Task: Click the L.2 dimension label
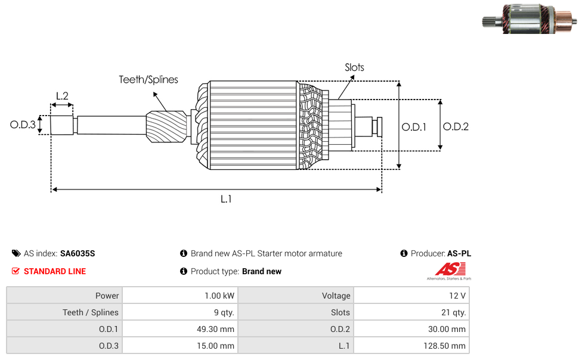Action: (62, 96)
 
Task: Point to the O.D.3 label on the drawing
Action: (23, 125)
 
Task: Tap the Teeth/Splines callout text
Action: (148, 79)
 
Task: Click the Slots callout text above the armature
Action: (354, 67)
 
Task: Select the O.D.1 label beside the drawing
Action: (414, 127)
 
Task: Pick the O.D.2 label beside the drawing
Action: (456, 126)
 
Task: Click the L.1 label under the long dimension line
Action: (226, 199)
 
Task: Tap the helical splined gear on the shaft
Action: (166, 126)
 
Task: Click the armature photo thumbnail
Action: (530, 19)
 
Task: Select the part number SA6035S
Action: (78, 253)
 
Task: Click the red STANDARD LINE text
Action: (55, 271)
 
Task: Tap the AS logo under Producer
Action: (450, 271)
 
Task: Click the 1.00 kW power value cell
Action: (180, 296)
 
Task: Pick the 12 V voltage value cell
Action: (411, 296)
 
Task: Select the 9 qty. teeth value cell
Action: (180, 312)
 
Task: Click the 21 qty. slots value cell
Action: (411, 312)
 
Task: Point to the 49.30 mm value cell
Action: (180, 329)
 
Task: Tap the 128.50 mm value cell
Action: (411, 346)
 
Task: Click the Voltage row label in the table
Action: (336, 296)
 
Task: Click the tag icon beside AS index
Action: (16, 253)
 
